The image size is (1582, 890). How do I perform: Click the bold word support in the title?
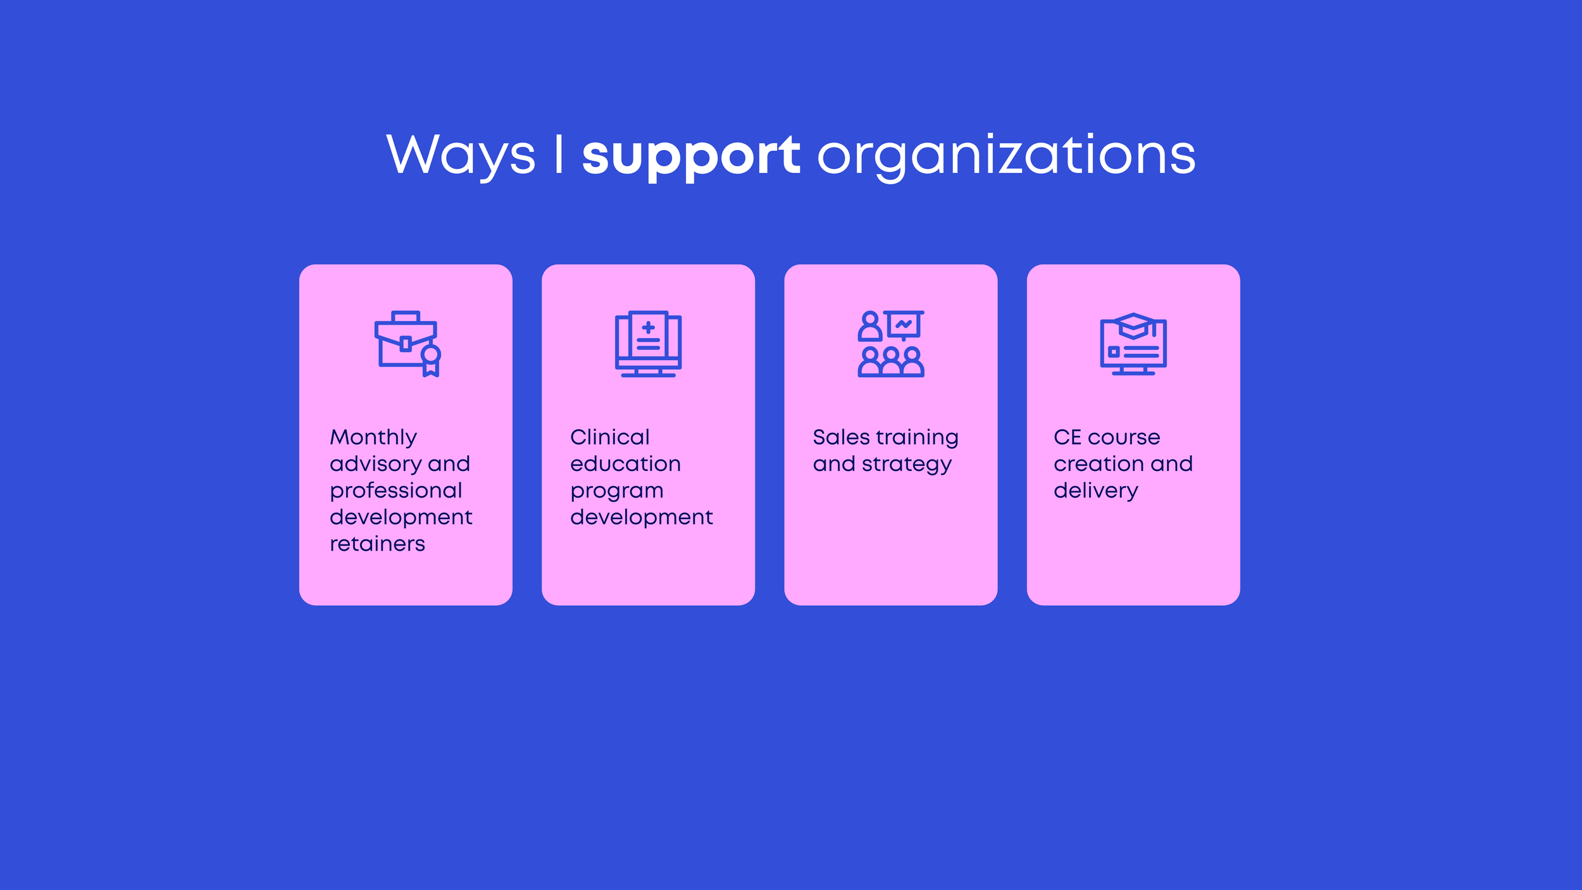[691, 156]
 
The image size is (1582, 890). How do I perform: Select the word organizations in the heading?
[1006, 156]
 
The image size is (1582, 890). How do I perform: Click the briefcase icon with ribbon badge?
[407, 344]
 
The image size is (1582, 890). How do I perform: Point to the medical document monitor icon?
[648, 344]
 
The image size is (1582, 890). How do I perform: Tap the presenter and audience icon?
[890, 344]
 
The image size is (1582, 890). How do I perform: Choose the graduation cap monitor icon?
[1133, 344]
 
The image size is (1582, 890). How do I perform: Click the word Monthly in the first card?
[373, 437]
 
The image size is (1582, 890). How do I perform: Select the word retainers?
[377, 544]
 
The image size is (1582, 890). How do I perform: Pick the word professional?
[396, 491]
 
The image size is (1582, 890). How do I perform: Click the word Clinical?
[609, 437]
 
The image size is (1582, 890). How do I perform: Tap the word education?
[625, 464]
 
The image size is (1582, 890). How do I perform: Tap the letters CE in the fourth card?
[1068, 437]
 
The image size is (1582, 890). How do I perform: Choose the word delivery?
[1095, 491]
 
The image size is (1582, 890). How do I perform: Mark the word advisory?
[375, 465]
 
